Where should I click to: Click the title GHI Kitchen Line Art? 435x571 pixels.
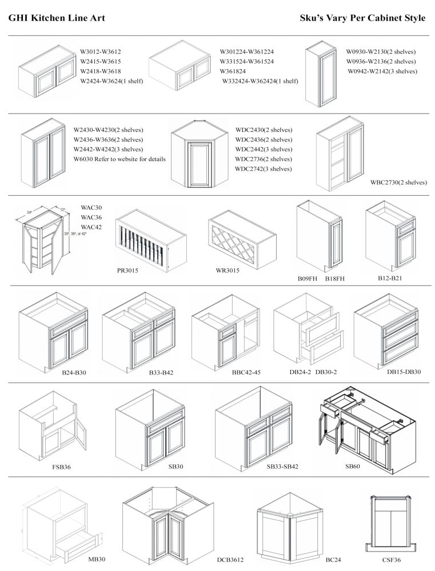(x=56, y=18)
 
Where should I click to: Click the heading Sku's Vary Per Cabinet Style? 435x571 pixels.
(x=362, y=18)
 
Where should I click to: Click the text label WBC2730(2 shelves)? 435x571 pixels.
(x=399, y=183)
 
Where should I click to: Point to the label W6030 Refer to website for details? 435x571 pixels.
(x=119, y=159)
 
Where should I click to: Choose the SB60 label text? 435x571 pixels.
(x=352, y=467)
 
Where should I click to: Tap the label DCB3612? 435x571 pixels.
(x=230, y=560)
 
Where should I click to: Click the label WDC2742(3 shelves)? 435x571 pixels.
(x=264, y=169)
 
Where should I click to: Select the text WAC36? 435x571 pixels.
(x=91, y=217)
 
